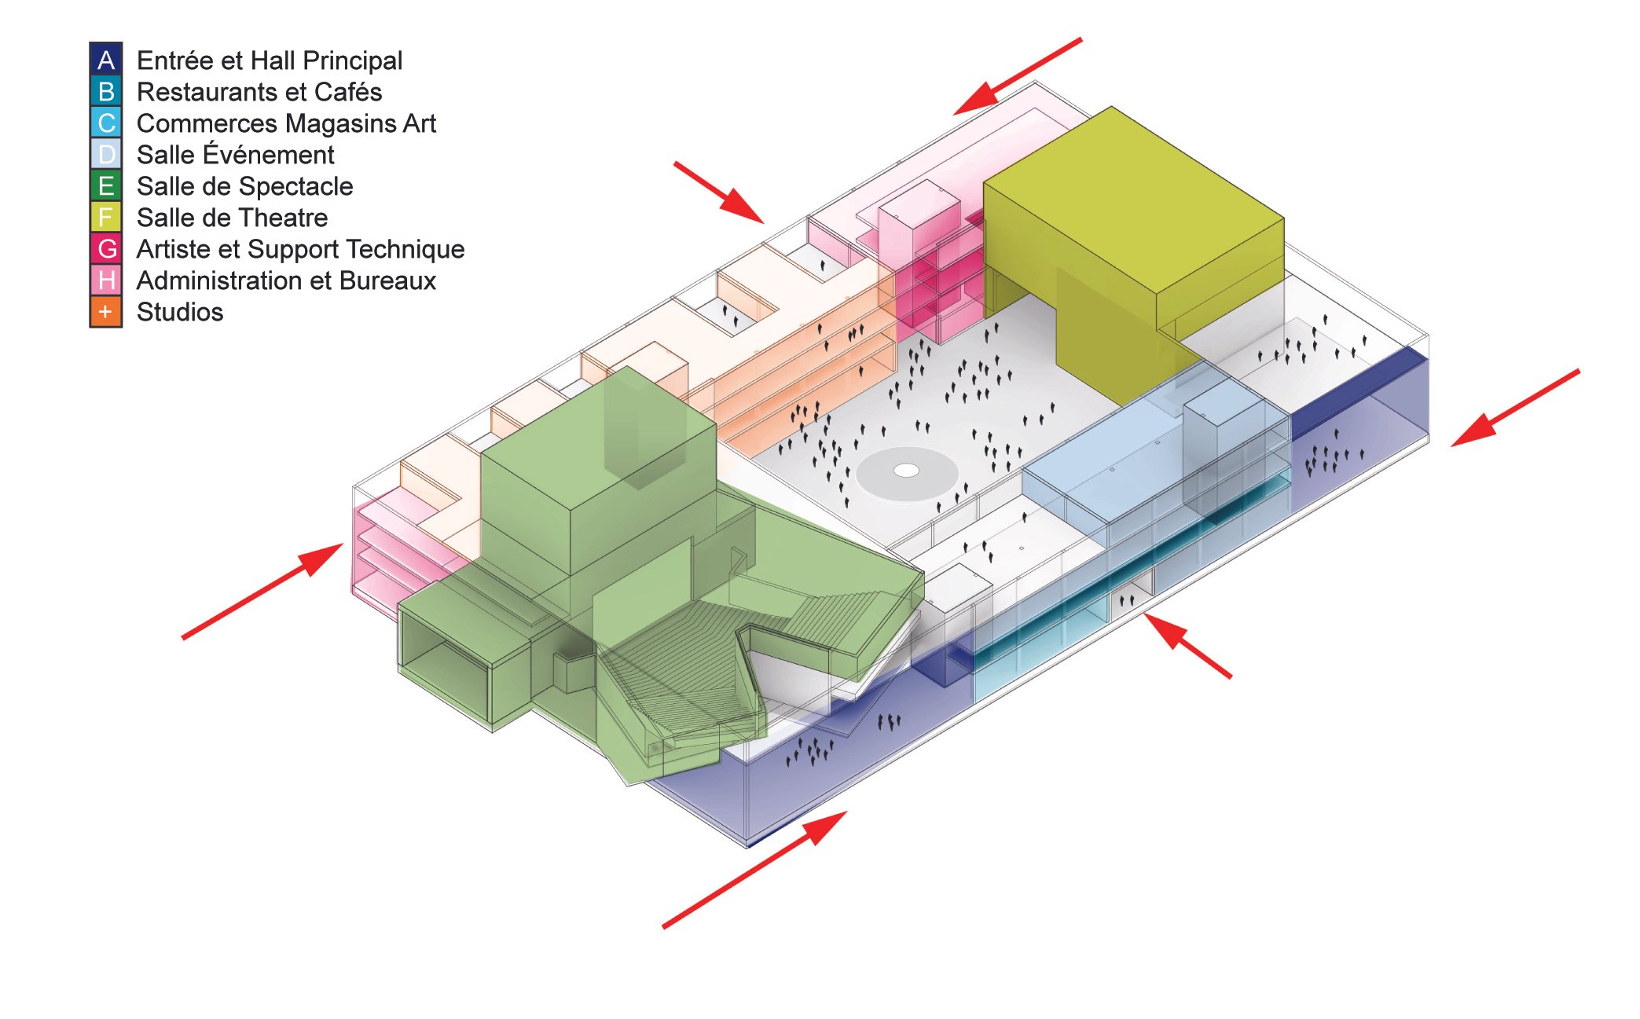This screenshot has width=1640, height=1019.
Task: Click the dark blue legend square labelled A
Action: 106,60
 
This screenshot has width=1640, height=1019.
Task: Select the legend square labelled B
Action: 106,91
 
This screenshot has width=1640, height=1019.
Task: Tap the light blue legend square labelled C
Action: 106,123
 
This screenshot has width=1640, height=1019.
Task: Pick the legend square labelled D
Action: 106,154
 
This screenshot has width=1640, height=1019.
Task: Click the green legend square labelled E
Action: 106,185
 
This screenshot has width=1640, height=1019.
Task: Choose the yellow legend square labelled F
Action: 106,217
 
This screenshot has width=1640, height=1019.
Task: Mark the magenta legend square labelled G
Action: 106,248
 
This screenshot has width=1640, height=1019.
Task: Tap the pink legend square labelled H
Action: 106,280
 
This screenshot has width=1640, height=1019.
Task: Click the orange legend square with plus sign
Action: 106,311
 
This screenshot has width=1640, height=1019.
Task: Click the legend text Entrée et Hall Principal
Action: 269,60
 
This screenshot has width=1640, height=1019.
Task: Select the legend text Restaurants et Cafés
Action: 259,92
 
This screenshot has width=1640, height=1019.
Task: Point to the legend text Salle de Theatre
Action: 232,218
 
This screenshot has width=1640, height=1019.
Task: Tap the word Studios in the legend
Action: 180,312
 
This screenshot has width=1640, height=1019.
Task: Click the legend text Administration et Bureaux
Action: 286,280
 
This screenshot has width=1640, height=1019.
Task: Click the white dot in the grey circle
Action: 907,470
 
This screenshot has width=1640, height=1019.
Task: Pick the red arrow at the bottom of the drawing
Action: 754,870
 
